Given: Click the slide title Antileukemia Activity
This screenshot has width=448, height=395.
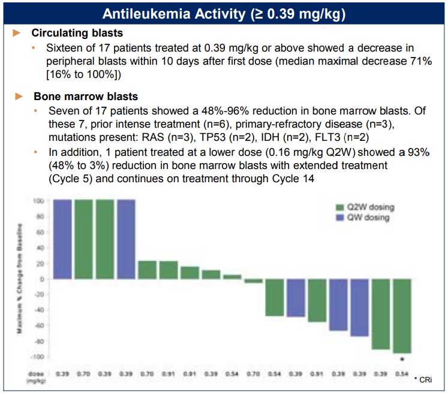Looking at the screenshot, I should [224, 13].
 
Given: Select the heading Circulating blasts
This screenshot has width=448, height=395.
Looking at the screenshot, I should [77, 34].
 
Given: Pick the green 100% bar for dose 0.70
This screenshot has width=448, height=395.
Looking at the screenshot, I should [83, 239].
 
